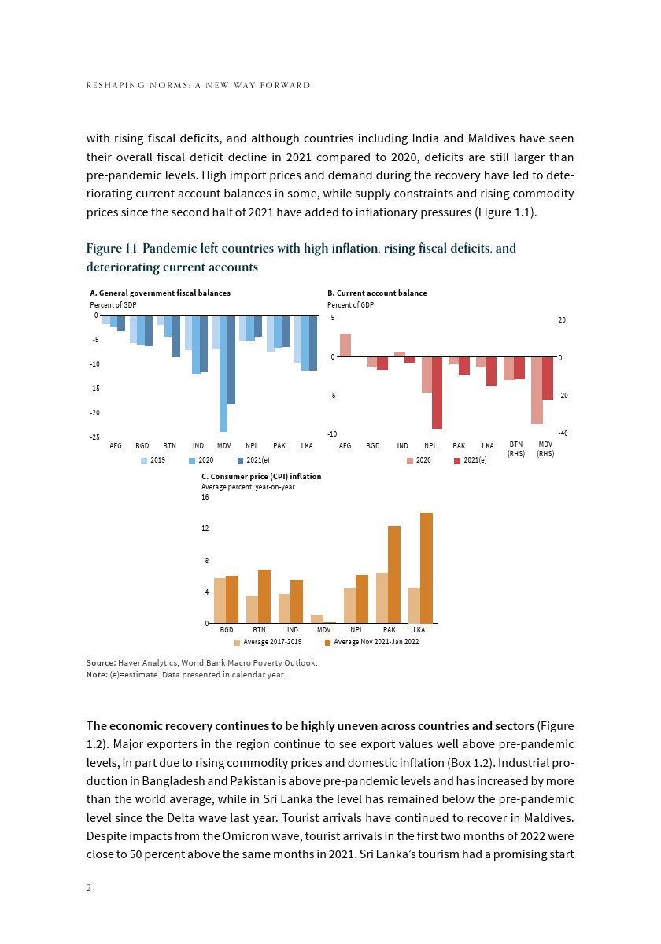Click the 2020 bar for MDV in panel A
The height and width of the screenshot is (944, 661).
coord(223,374)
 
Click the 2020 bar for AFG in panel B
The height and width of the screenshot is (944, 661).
coord(345,345)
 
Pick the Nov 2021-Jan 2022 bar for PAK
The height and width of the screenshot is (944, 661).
coord(394,574)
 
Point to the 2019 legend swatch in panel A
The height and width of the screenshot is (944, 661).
coord(144,459)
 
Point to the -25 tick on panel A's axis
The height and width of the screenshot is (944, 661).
coord(94,437)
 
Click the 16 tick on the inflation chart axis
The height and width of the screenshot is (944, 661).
coord(205,496)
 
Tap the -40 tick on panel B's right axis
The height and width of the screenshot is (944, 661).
coord(563,433)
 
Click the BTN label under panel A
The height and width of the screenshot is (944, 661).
coord(169,446)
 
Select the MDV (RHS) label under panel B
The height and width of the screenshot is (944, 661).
coord(545,449)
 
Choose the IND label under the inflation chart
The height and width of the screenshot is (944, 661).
coord(292,630)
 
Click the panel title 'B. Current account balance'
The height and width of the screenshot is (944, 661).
coord(377,293)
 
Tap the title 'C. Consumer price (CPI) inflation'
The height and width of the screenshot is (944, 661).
coord(261,477)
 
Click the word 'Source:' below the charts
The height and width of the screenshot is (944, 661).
coord(101,663)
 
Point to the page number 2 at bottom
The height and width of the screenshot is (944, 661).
coord(89,887)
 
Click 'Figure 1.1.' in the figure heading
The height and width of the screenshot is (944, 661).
coord(111,249)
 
